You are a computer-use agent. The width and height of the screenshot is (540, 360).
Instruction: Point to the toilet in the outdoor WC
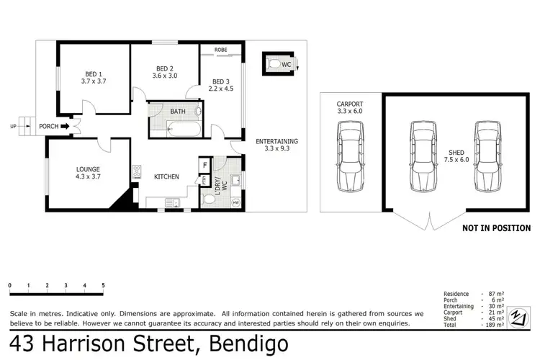[274, 64]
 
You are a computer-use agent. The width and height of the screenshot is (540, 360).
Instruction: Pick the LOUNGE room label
[89, 171]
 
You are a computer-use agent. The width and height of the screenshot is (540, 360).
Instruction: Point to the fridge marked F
[204, 165]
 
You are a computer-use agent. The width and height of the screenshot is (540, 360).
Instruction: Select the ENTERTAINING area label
[276, 141]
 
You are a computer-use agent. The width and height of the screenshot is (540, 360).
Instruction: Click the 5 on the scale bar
[104, 286]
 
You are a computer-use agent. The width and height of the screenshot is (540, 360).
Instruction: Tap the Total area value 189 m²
[495, 325]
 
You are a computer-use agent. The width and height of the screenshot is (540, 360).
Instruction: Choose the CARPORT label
[350, 104]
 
